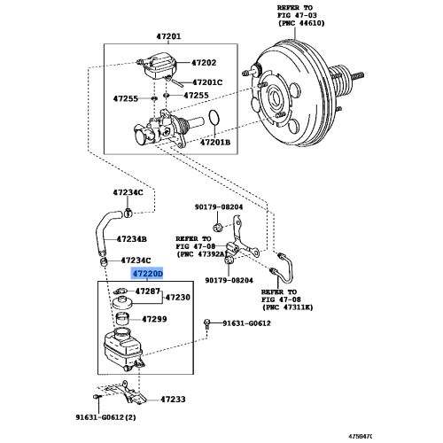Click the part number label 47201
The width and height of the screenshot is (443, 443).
click(168, 36)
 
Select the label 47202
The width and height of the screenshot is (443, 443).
click(204, 63)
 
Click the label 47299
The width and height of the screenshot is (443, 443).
click(155, 318)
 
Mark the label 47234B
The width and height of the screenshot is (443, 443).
click(130, 239)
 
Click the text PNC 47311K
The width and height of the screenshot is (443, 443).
click(291, 307)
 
